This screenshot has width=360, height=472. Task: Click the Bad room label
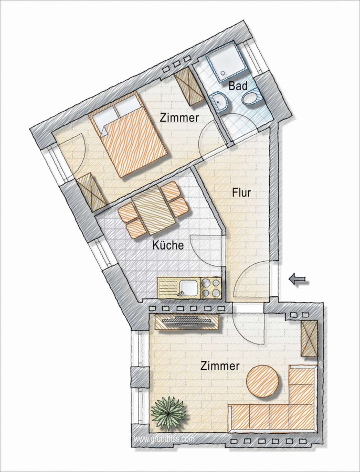[238, 86]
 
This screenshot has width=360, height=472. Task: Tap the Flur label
[241, 192]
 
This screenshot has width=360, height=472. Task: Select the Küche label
[168, 245]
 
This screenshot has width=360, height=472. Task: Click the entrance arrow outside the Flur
[299, 280]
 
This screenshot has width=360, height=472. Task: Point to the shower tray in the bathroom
[227, 62]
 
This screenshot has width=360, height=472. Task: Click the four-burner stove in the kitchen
[210, 288]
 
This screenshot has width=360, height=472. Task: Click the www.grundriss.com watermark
[164, 438]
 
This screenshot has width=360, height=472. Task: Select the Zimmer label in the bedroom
[179, 117]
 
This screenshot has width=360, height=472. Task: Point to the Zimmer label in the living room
[220, 366]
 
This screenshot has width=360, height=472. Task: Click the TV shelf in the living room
[187, 321]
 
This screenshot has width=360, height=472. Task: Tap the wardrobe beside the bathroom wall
[188, 87]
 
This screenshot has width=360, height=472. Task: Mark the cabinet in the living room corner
[310, 338]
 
